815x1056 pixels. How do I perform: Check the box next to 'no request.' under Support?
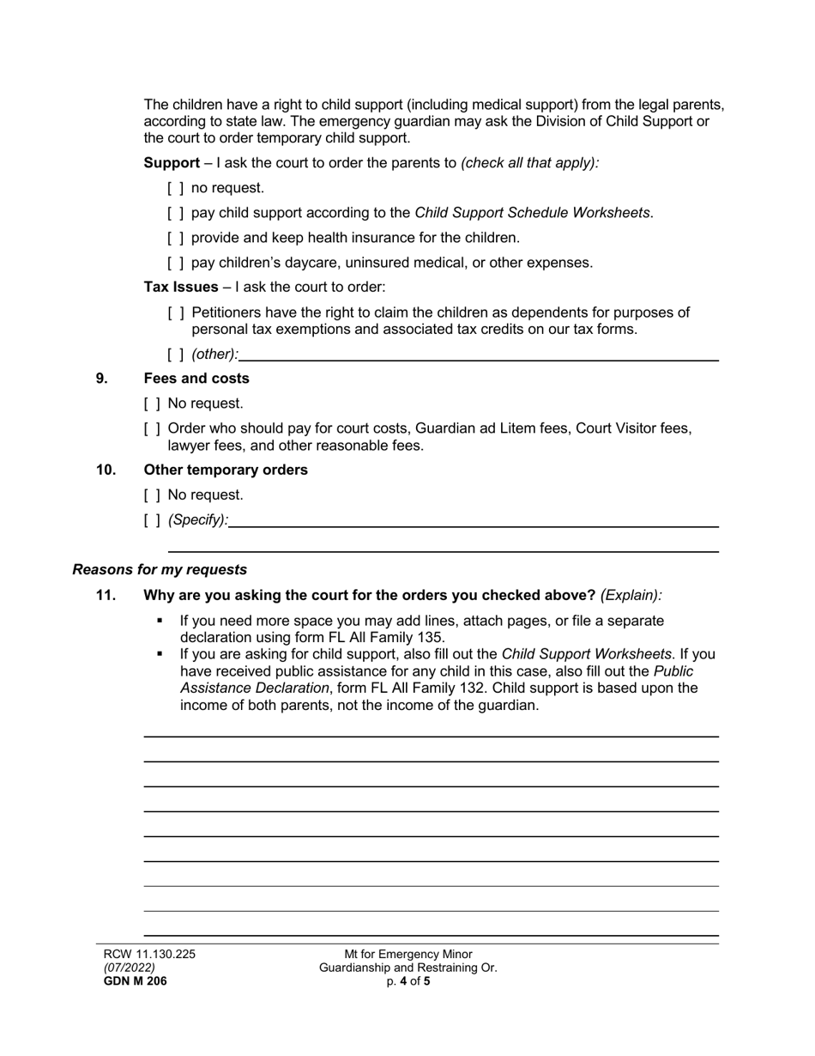coord(175,188)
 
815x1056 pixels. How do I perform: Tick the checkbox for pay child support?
coord(175,213)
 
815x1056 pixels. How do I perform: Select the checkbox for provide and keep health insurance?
coord(175,238)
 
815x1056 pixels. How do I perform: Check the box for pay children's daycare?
coord(175,263)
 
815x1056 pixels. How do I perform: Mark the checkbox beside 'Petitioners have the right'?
coord(175,313)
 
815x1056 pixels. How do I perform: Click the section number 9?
coord(102,379)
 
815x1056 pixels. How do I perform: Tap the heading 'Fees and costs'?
coord(196,379)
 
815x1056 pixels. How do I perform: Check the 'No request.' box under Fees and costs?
coord(152,404)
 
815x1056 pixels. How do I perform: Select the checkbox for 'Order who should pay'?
coord(152,428)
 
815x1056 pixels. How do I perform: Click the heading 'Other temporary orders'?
coord(226,470)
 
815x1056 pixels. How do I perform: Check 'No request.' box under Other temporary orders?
coord(152,495)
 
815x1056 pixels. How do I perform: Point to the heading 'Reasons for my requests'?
coord(160,570)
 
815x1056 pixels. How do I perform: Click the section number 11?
coord(106,596)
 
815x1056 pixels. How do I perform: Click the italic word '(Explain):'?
coord(631,596)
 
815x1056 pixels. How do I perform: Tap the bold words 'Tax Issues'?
coord(181,288)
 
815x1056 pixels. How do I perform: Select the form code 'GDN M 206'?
coord(135,982)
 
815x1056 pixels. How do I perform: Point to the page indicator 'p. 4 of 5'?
coord(408,982)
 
